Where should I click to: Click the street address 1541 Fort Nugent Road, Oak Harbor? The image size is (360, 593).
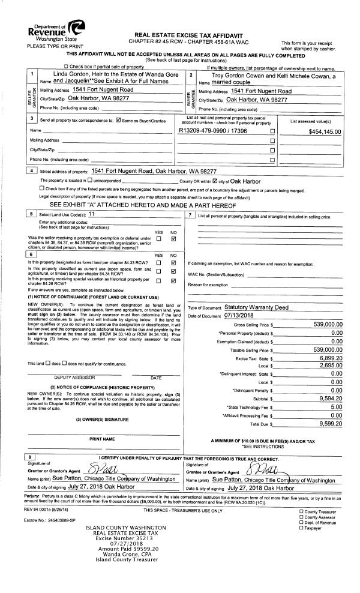154,171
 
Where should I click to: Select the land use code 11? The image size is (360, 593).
92,214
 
